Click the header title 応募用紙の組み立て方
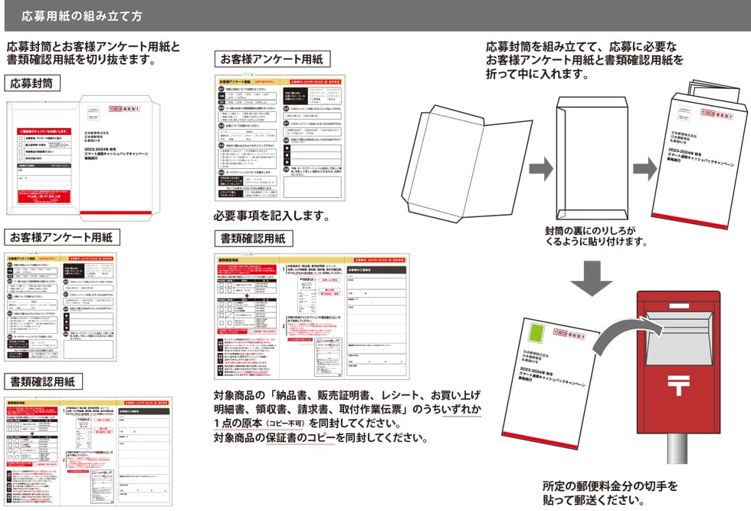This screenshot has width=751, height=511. click(x=80, y=15)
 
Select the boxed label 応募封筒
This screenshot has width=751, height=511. click(x=32, y=83)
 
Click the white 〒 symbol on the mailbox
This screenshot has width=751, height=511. click(x=677, y=381)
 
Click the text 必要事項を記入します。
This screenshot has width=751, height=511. click(x=271, y=216)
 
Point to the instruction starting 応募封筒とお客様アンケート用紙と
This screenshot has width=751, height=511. click(x=93, y=52)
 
